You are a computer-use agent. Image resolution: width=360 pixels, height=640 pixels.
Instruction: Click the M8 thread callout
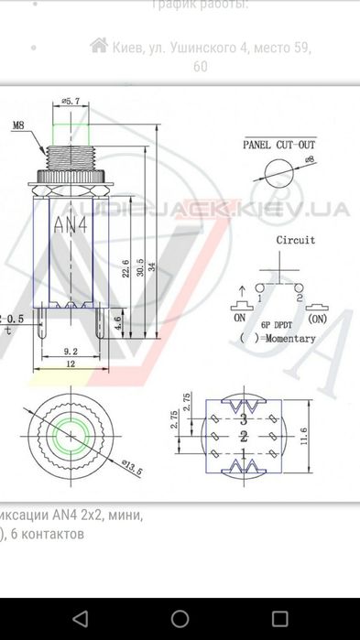pyautogui.click(x=18, y=125)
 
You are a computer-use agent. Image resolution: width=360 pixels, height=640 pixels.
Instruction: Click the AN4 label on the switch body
pyautogui.click(x=71, y=223)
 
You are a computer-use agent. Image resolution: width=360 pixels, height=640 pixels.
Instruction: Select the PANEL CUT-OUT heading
pyautogui.click(x=279, y=145)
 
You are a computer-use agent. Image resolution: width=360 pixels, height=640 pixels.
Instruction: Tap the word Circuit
pyautogui.click(x=296, y=240)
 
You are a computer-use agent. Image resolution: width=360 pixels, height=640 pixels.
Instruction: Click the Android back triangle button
pyautogui.click(x=81, y=618)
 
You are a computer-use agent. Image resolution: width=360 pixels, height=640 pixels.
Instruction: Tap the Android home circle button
pyautogui.click(x=180, y=618)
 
